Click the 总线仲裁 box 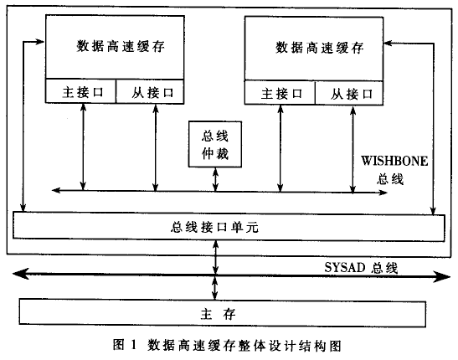(x=215, y=144)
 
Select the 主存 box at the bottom (x=222, y=313)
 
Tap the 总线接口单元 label (x=214, y=227)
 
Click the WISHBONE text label (x=394, y=161)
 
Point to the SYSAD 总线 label (x=361, y=267)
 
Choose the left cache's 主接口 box (x=81, y=90)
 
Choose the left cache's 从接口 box (x=150, y=91)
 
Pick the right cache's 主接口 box (x=280, y=92)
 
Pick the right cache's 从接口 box (x=349, y=93)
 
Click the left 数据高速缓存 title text (x=121, y=46)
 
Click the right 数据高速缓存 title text (x=320, y=48)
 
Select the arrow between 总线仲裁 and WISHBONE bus (x=215, y=179)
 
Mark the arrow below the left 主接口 (x=83, y=147)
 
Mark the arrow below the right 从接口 (x=353, y=150)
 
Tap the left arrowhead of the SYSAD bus (x=20, y=274)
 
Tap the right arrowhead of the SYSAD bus (x=442, y=276)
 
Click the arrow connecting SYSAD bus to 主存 (x=215, y=287)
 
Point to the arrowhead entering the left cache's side (x=39, y=42)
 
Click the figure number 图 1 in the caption (x=125, y=345)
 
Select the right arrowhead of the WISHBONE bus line (x=383, y=193)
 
